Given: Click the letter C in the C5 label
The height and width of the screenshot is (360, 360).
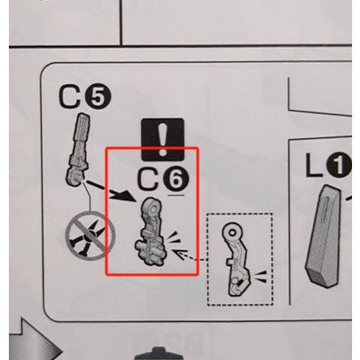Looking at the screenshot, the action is pos(70,97).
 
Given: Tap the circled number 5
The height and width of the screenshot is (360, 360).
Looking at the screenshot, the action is pos(98,98).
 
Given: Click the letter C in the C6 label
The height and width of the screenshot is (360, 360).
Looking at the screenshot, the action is pos(149,180).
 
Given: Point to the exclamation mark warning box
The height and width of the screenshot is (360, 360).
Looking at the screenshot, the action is pos(162,139).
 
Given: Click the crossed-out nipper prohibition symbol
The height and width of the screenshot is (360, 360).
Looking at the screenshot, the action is pos(90,236).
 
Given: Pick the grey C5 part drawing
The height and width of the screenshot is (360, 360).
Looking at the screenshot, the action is pos(77,149).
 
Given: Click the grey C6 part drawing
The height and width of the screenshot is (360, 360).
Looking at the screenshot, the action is pos(151,232).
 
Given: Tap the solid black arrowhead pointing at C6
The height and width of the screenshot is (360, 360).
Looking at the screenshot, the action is pos(127,195).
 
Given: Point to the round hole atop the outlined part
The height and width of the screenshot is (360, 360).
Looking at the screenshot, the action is pos(232,233).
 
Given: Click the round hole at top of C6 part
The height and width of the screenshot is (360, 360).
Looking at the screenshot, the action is pos(153,208).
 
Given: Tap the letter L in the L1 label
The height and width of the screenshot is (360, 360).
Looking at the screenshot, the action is pos(314,165).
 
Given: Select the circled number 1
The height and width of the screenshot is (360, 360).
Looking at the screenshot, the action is pos(339,165).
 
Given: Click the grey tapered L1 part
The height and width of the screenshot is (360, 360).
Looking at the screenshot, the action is pos(325,236).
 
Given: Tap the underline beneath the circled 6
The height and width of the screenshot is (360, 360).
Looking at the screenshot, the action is pos(176,195).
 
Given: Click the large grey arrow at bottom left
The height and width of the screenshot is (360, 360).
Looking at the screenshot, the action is pos(33,340).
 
